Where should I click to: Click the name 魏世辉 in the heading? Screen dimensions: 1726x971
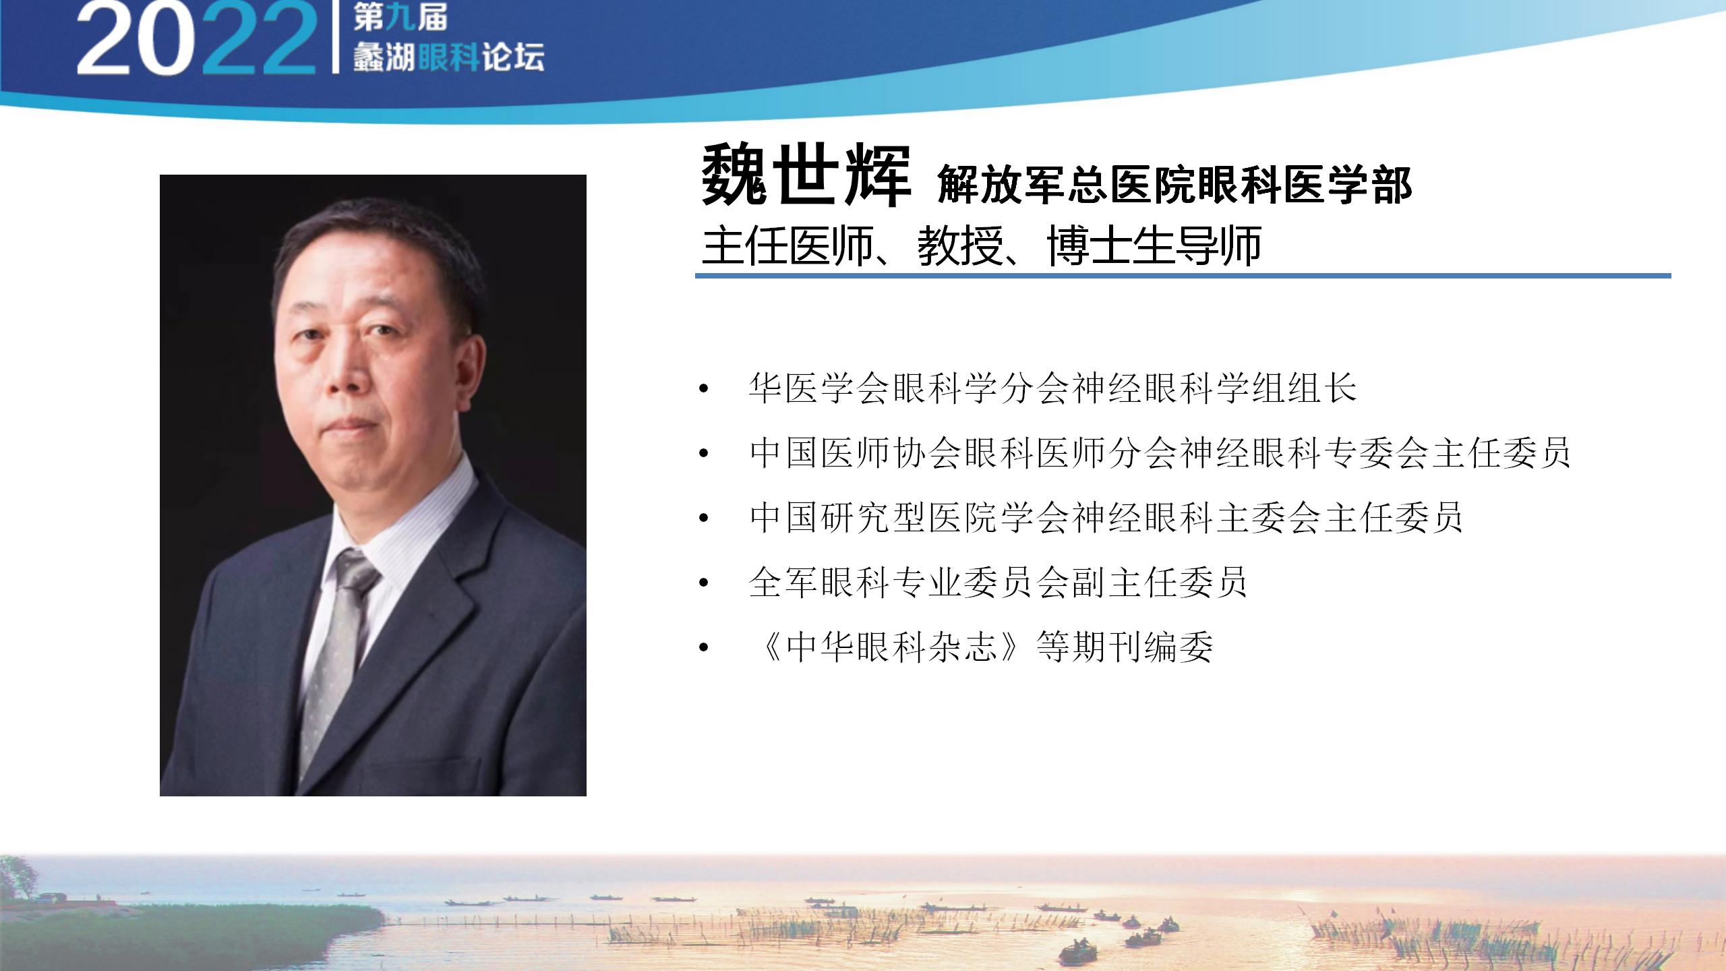pyautogui.click(x=806, y=177)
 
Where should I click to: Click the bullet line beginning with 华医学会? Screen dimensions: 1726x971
pyautogui.click(x=1052, y=388)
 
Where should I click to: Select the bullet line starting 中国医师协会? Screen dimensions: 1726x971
pyautogui.click(x=1160, y=452)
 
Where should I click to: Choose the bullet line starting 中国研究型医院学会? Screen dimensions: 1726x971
pyautogui.click(x=1106, y=517)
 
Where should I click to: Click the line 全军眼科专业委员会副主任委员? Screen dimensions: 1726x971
pyautogui.click(x=998, y=582)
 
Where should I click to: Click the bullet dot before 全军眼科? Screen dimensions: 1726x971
pyautogui.click(x=705, y=582)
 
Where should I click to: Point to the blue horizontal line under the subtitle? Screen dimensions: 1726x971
pyautogui.click(x=1183, y=275)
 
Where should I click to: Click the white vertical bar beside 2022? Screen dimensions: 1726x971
pyautogui.click(x=335, y=38)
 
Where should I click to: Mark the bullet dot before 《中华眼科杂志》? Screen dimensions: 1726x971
pyautogui.click(x=705, y=647)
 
